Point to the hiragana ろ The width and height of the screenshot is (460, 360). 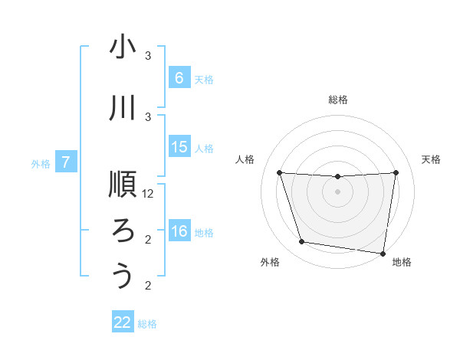[123, 230]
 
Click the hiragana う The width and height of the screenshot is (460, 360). [123, 276]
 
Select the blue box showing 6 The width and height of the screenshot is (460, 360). [179, 77]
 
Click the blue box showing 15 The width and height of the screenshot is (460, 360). [179, 147]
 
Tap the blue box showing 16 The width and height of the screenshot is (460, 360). [179, 231]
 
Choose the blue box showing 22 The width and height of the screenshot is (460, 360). [123, 322]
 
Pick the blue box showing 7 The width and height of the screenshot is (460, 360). [66, 162]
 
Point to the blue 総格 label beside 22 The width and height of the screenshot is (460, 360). [147, 324]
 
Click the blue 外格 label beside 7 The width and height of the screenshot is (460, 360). [40, 163]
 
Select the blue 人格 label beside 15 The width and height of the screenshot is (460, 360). [204, 148]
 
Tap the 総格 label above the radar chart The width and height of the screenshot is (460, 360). [337, 100]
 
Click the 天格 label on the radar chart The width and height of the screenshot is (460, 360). [431, 159]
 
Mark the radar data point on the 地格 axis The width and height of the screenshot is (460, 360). [383, 253]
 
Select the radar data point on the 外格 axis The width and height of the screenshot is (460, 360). [302, 242]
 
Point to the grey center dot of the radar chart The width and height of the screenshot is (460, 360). [337, 191]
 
